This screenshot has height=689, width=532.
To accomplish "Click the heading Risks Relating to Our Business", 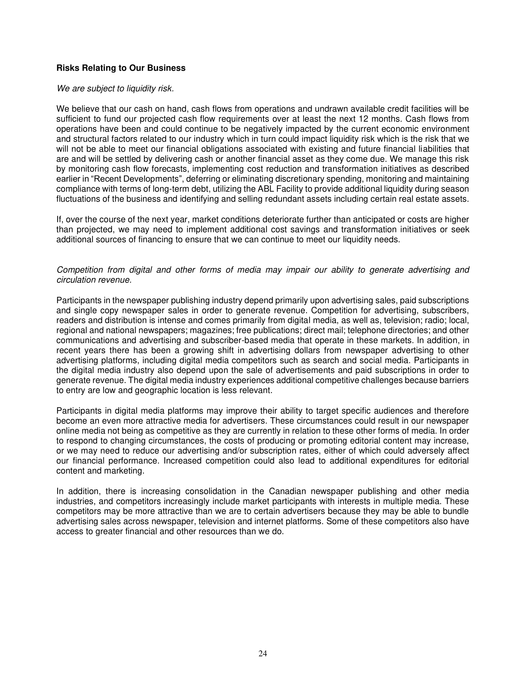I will [x=121, y=68].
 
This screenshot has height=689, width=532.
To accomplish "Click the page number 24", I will [x=263, y=653].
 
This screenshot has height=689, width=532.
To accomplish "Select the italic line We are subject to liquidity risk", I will [x=115, y=89].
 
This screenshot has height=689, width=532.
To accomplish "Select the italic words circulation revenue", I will [x=94, y=280].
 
